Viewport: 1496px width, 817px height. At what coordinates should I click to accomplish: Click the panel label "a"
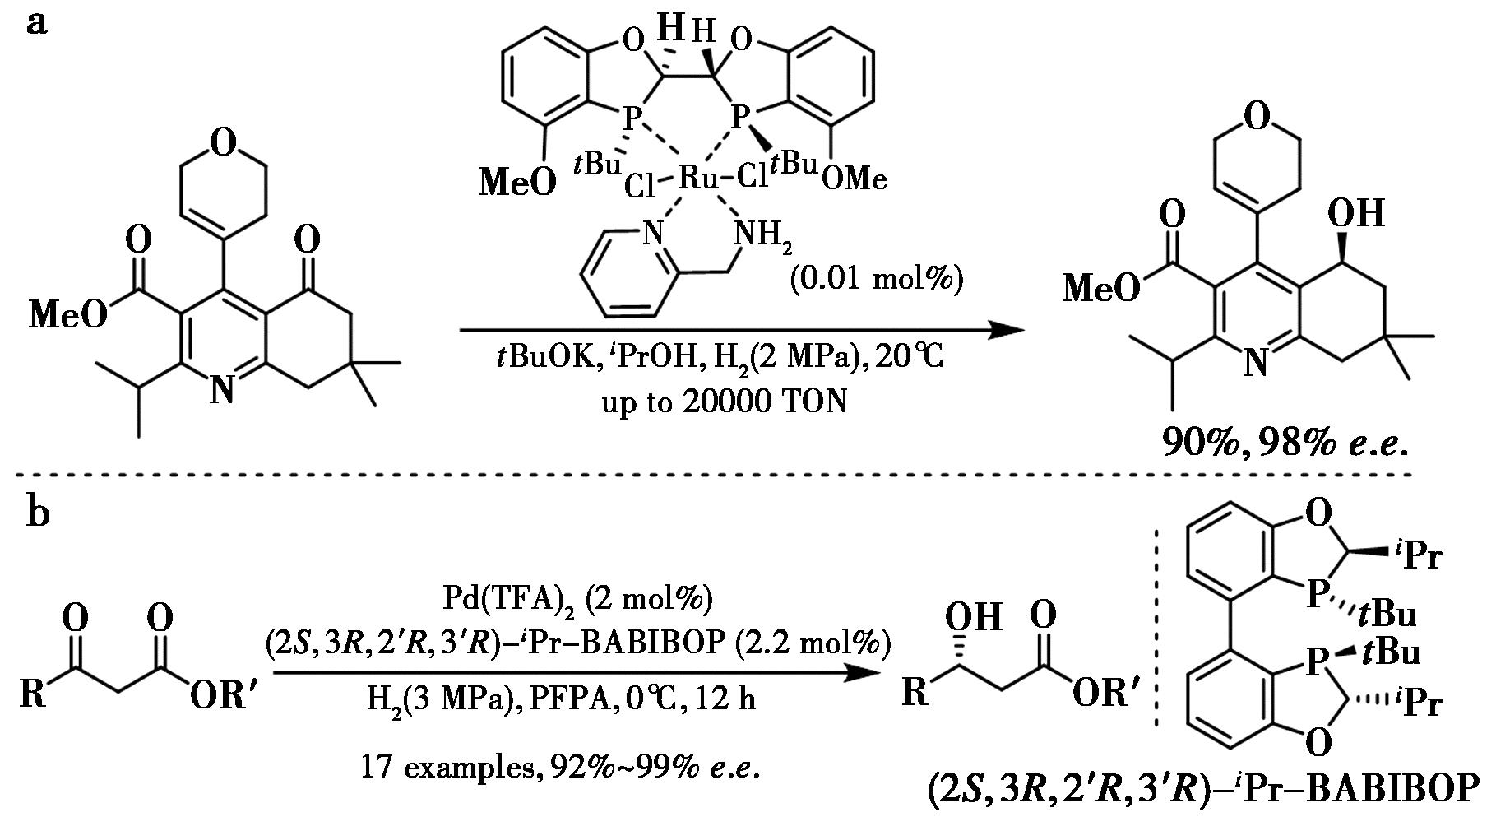(37, 22)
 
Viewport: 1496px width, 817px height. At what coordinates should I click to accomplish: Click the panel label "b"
(38, 512)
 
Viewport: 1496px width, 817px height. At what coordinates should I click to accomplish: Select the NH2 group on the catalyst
(764, 236)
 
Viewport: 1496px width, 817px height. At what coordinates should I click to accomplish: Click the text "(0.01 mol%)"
(875, 280)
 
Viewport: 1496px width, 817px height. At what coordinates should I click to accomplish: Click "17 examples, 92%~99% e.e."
(560, 768)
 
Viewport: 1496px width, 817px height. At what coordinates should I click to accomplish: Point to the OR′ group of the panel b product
(1105, 694)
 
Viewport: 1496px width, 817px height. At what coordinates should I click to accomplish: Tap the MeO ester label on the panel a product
(1101, 288)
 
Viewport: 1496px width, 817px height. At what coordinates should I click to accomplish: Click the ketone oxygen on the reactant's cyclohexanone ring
(307, 241)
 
